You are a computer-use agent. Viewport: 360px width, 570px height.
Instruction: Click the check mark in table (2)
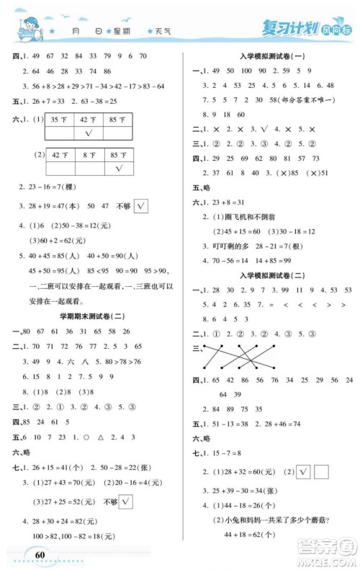(x=117, y=168)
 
